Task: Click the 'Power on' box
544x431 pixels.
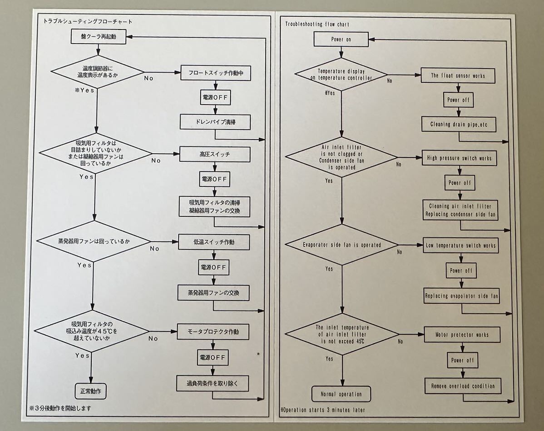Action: [341, 40]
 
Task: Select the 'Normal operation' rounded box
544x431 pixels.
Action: [341, 394]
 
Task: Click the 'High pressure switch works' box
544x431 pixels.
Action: [459, 158]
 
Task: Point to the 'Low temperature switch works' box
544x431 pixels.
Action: [461, 246]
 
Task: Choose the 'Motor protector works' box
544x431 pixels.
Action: [462, 335]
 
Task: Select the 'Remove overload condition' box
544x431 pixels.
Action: [463, 386]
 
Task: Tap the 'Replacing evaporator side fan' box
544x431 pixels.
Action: [462, 296]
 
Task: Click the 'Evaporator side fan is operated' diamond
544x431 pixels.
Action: [341, 245]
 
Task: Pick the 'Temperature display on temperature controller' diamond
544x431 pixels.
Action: [341, 75]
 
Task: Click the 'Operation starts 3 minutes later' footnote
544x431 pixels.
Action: [323, 410]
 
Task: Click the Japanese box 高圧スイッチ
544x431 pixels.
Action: [215, 155]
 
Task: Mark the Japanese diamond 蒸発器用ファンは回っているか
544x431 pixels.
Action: [94, 241]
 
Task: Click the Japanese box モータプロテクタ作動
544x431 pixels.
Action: [213, 332]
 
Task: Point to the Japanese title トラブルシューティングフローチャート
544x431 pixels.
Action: [88, 21]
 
